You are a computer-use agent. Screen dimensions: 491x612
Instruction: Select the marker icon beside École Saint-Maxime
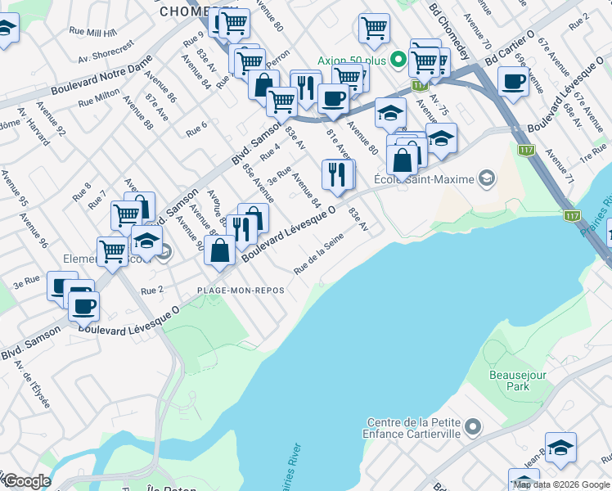[488, 178]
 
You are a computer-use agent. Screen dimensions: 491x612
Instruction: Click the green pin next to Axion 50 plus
[398, 59]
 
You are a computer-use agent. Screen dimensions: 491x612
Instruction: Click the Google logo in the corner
[27, 481]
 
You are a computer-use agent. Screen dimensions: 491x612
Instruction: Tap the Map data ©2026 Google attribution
[561, 484]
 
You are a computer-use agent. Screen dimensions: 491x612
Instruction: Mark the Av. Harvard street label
[26, 121]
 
